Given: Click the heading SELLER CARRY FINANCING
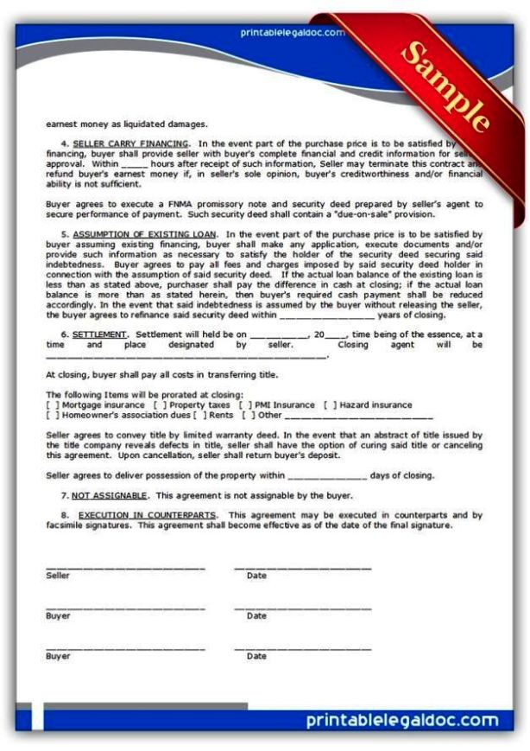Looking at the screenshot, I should (130, 143).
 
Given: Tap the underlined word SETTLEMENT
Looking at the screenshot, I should (100, 334).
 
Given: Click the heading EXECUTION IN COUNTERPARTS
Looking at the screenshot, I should (147, 514).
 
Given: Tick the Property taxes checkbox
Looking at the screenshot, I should (160, 404).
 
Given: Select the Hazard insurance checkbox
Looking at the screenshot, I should (331, 404).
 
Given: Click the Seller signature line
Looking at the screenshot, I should (125, 568).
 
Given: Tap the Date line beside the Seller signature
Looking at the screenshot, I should (302, 568).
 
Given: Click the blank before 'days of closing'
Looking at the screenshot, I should (327, 476).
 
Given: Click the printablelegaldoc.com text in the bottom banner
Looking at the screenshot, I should (402, 720).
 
